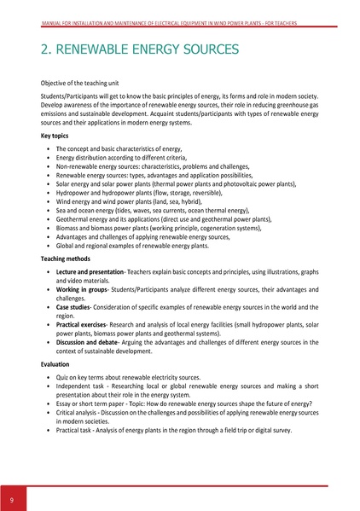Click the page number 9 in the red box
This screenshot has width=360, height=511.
tap(12, 498)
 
